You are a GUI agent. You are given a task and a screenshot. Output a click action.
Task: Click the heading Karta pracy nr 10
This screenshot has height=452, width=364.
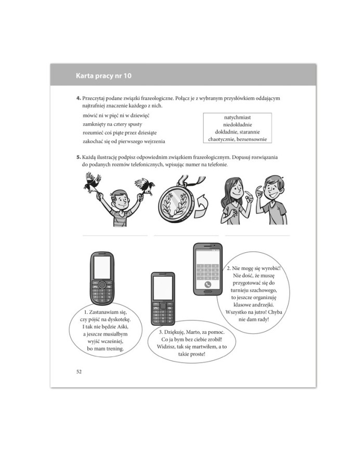tap(105, 76)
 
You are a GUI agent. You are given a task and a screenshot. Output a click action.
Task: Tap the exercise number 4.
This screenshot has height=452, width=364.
tap(78, 98)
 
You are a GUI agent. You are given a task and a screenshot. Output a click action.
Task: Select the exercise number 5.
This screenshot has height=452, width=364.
tap(78, 157)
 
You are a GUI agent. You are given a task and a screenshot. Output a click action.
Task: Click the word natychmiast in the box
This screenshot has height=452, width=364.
tap(237, 118)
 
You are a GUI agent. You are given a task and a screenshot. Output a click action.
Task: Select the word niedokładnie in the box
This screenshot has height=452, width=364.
tap(237, 125)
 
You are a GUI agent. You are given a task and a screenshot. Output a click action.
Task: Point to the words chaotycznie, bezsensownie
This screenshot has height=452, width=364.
tap(237, 139)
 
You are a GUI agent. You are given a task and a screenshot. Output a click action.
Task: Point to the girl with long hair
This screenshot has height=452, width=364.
tap(235, 200)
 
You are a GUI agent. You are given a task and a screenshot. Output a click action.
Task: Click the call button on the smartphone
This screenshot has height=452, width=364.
tap(207, 285)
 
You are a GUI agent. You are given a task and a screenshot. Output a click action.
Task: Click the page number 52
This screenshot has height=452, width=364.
tap(79, 371)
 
